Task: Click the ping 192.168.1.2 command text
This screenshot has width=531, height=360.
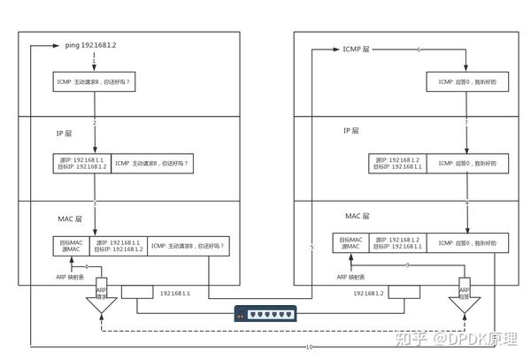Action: (x=91, y=43)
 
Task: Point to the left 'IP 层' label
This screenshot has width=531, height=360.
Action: (x=65, y=132)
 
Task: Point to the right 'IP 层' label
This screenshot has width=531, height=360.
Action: (x=351, y=131)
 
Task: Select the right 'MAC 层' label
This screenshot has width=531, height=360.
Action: (x=357, y=216)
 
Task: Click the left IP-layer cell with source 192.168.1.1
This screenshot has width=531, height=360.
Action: (x=82, y=164)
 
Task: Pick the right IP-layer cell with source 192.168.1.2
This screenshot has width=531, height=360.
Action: (x=397, y=164)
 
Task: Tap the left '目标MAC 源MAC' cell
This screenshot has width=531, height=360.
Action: (x=72, y=245)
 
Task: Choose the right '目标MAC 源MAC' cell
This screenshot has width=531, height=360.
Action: (x=350, y=242)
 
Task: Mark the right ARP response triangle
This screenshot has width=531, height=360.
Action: (x=466, y=304)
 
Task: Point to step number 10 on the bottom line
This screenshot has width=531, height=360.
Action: (x=309, y=347)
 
